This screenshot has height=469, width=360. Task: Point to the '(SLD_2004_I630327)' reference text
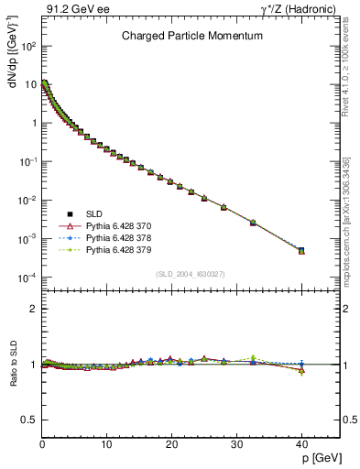tap(190, 274)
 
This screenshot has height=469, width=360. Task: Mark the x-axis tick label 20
tap(171, 444)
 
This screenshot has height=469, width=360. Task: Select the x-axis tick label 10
tap(106, 444)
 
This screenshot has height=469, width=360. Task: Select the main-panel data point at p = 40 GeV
tap(301, 250)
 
